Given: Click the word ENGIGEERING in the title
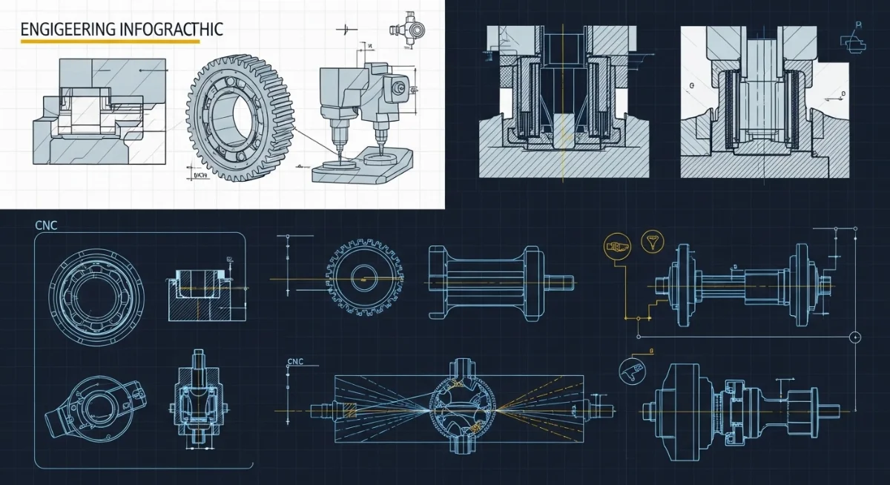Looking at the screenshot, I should tap(66, 30).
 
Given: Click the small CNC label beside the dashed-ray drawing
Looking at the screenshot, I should tap(295, 363).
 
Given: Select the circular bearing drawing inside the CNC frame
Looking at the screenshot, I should tap(95, 288).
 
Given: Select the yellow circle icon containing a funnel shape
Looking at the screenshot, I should tap(655, 241).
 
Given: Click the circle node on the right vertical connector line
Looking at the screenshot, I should tap(854, 337).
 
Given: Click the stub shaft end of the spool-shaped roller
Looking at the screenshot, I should tap(561, 281).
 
